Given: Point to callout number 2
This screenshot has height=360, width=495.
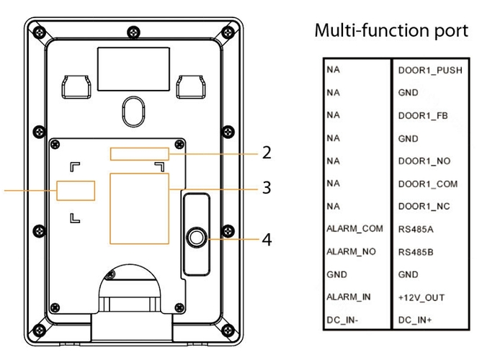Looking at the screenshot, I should tap(266, 153).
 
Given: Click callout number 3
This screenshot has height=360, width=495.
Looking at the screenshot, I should tap(266, 189).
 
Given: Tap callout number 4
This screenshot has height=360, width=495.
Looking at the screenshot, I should tap(266, 239).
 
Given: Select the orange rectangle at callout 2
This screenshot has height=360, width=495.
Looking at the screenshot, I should tap(140, 153).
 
